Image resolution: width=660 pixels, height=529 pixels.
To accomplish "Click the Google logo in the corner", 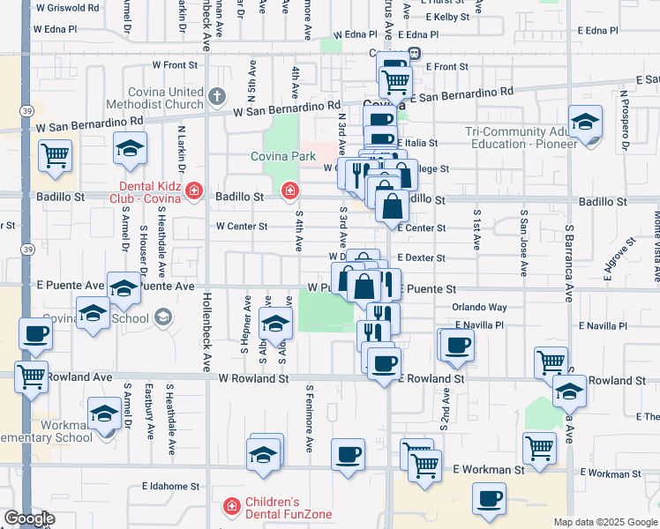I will pos(29,518).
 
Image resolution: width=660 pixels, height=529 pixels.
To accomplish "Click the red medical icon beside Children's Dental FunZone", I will pos(231,506).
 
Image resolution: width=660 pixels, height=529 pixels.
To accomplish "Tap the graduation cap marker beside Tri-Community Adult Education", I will pos(584,123).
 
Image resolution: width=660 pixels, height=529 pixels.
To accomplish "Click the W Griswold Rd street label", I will pos(67,7).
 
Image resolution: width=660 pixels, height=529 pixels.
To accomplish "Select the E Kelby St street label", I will pos(446,17).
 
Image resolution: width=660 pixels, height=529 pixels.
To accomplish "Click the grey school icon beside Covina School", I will pos(162,317).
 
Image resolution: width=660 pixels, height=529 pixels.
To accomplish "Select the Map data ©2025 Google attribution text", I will pos(605,522).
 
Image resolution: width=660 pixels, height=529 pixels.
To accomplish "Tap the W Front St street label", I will pos(175,64).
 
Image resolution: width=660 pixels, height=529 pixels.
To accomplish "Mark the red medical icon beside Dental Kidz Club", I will pos(195,191).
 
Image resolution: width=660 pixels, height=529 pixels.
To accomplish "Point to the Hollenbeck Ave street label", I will pos(206,331).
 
